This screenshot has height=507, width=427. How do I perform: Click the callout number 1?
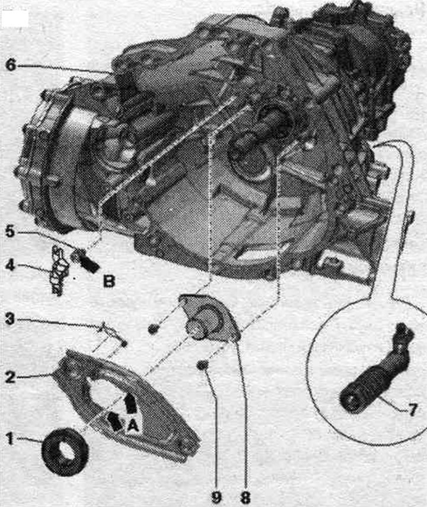point(9,439)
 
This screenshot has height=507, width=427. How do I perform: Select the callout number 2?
point(10,377)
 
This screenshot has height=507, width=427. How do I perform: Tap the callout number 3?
point(10,319)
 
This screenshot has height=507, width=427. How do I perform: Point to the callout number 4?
point(10,265)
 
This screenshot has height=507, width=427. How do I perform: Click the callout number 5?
point(10,231)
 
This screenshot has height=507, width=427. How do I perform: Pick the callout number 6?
point(10,65)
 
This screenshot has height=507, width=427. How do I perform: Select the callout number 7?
point(413,410)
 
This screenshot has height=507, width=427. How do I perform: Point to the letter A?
point(133,426)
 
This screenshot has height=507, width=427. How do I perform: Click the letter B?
point(109,281)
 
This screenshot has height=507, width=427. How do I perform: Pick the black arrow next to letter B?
point(89,263)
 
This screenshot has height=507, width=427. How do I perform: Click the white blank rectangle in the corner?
point(15,18)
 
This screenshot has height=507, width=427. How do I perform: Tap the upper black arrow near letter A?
point(130,403)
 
